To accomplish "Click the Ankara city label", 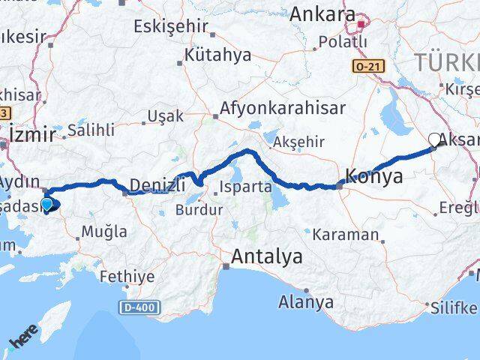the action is coord(322,13).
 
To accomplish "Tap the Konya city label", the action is coord(374,177).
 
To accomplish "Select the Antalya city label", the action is coord(267,257).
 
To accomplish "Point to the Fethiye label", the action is coord(127,276).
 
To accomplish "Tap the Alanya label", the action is coord(306,302).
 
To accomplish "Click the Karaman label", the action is coord(347,235).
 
